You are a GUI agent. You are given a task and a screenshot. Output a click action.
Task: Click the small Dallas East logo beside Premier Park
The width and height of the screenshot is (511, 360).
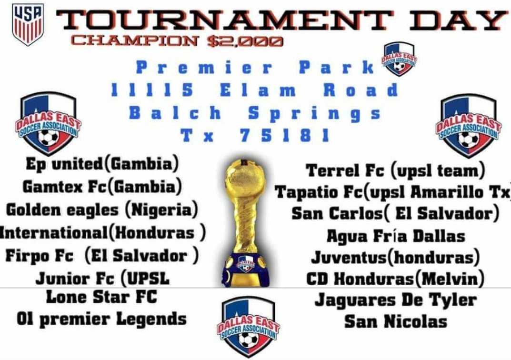(x=399, y=59)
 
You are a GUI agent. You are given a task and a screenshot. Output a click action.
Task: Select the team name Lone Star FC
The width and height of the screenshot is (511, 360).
(x=101, y=298)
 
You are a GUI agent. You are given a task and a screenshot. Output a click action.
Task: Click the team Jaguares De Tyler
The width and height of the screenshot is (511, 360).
(x=395, y=300)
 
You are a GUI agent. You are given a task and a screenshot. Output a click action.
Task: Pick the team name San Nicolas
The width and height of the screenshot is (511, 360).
(x=395, y=321)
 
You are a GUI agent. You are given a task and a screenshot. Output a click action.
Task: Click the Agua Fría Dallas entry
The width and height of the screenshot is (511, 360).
(x=395, y=236)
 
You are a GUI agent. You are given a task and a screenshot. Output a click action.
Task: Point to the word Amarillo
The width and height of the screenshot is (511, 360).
(x=464, y=192)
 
